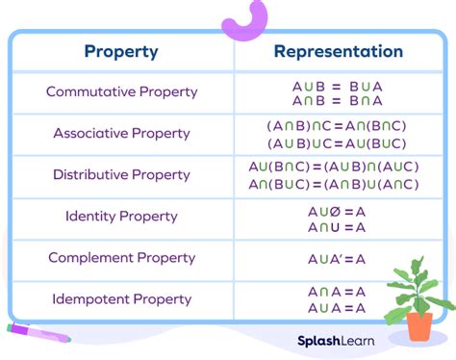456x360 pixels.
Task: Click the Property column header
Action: click(121, 51)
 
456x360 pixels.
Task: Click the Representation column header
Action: click(338, 51)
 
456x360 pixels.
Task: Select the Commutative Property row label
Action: click(121, 92)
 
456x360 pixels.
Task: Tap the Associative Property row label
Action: click(121, 133)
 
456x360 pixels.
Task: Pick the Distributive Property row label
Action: click(121, 174)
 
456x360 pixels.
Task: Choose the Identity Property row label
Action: click(121, 216)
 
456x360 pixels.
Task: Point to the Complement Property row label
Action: click(121, 257)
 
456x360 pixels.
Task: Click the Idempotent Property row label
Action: click(121, 298)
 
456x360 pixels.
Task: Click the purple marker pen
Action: click(38, 333)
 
